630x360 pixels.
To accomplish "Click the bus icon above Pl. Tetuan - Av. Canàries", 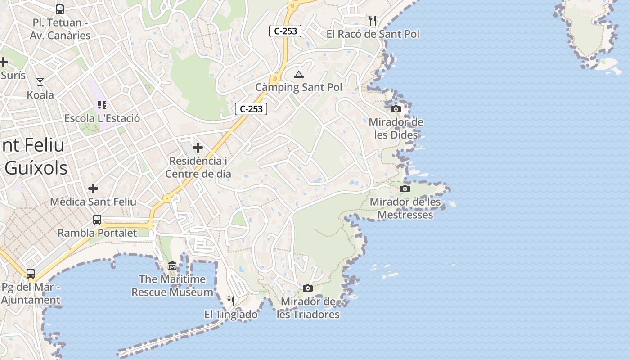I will tap(59, 9).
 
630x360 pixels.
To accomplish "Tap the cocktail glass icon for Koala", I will tap(40, 82).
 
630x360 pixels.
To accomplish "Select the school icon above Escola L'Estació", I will tap(102, 105).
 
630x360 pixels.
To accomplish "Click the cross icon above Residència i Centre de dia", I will tap(198, 147).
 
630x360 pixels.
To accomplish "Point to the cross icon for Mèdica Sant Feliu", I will tap(93, 188).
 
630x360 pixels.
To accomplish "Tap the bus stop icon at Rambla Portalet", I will tap(97, 220).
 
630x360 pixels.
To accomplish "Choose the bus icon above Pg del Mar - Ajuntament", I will tap(31, 273).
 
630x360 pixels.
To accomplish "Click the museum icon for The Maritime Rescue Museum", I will tap(172, 266).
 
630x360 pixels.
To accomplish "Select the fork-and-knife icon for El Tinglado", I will tap(231, 301).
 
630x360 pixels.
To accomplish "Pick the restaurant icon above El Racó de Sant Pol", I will tap(372, 21).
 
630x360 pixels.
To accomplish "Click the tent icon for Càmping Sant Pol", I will tap(298, 74).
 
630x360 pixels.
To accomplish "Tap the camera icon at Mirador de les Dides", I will tap(396, 109).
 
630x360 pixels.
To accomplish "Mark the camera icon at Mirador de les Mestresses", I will tap(405, 189).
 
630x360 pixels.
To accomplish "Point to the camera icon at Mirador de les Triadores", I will tap(308, 288).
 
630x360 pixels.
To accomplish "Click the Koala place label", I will tap(40, 95).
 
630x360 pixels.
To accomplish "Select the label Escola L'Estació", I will tap(102, 118).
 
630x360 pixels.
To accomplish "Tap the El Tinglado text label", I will tap(231, 315).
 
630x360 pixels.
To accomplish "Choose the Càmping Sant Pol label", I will tap(298, 87).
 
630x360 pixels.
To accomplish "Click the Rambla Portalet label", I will tap(97, 233).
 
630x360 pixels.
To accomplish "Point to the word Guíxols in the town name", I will tap(36, 168).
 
